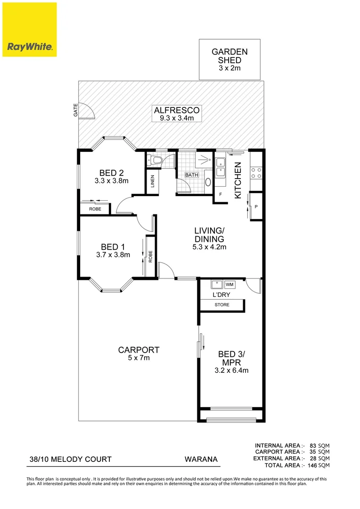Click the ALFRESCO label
(x=177, y=111)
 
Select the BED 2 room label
(x=111, y=172)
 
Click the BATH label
(x=191, y=175)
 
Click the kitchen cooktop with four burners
(x=256, y=172)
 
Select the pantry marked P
(x=256, y=206)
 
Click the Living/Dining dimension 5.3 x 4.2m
(x=209, y=247)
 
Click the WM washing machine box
(x=229, y=285)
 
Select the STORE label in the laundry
(x=222, y=305)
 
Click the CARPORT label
(x=139, y=350)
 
